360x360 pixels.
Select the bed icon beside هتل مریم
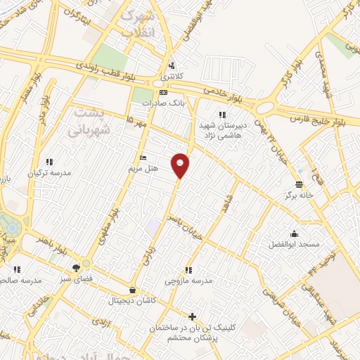click(143, 157)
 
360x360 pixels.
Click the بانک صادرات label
click(157, 103)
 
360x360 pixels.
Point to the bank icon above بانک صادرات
click(164, 92)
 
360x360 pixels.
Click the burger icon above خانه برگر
click(299, 184)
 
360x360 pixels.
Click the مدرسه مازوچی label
click(188, 281)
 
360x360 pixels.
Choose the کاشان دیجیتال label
click(133, 300)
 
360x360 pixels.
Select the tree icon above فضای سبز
click(76, 267)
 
